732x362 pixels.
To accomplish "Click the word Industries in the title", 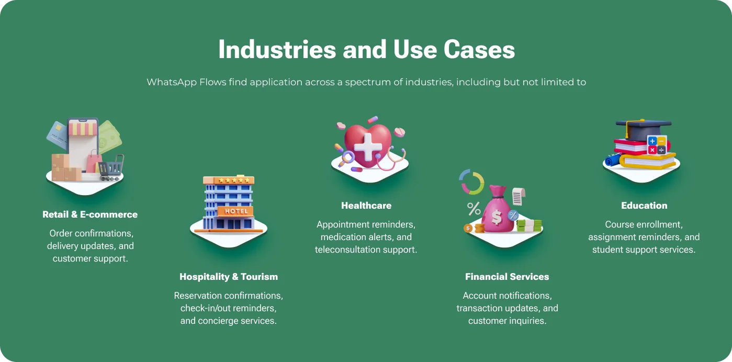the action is (277, 50).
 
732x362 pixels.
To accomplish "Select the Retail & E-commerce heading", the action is (90, 214).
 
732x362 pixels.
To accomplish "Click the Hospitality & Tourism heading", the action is (229, 277).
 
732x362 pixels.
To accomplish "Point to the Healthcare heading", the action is (366, 206).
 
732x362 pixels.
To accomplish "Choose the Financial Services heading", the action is (507, 277).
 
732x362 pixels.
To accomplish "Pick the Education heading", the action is (644, 206).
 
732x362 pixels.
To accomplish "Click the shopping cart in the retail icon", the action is (111, 168).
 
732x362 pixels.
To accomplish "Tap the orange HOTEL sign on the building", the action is (235, 211).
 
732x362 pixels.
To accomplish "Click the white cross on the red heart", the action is (368, 146).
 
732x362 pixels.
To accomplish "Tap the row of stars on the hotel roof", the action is (234, 180).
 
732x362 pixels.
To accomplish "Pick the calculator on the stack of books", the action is (657, 145).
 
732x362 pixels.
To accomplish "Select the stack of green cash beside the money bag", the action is (529, 226).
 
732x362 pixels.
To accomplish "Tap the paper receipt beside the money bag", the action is (519, 196).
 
